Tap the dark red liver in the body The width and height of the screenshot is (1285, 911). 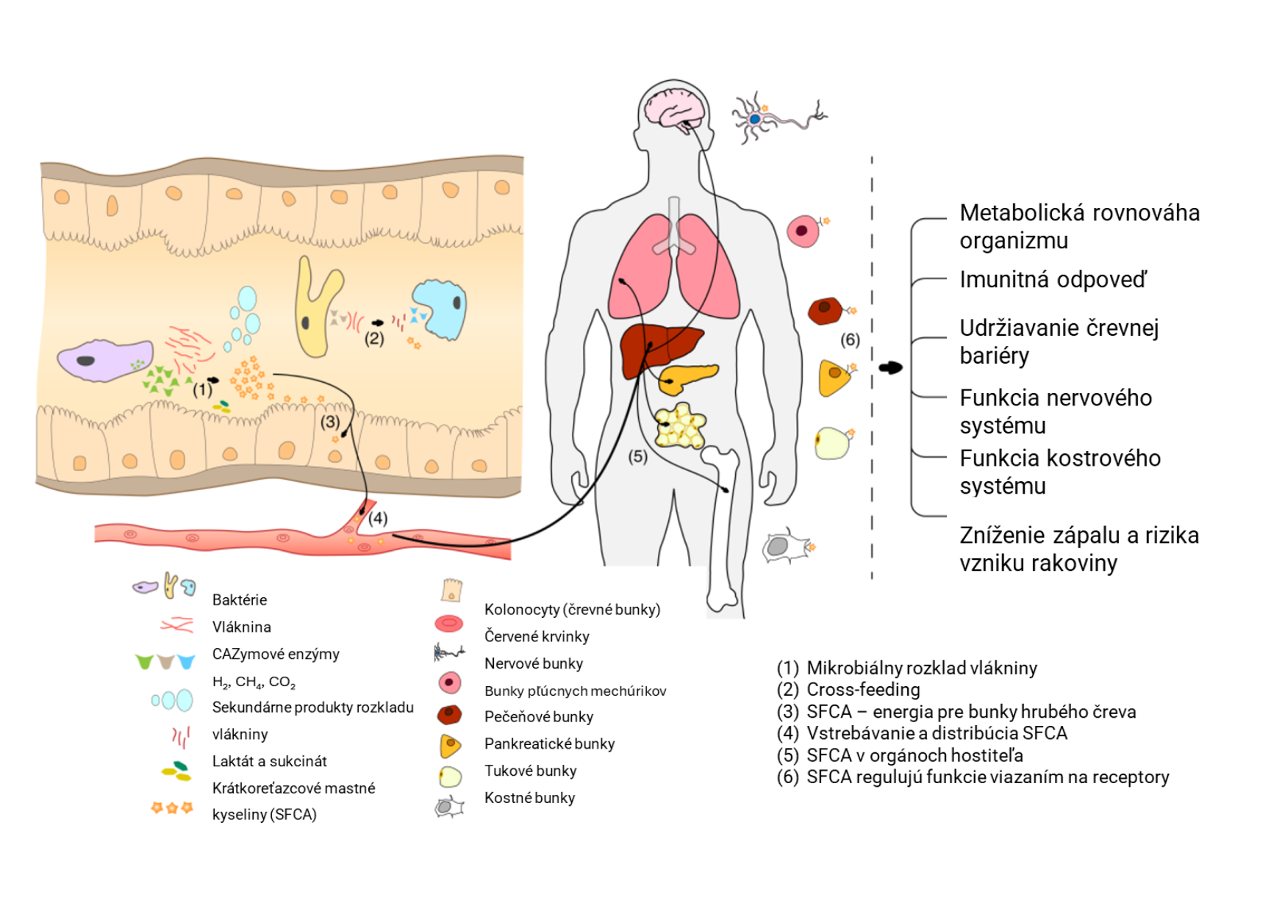point(658,349)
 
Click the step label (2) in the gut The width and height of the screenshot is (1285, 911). point(374,339)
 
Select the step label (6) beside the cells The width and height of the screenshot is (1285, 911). point(850,339)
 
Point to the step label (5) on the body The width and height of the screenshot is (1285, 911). point(637,456)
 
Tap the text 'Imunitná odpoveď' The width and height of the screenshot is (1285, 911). point(1052,280)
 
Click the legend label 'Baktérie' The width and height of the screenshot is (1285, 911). point(239,599)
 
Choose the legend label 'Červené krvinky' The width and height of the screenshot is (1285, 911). point(537,636)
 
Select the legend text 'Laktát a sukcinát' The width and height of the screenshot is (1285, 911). point(269,761)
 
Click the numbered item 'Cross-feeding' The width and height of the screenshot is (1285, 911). point(863,689)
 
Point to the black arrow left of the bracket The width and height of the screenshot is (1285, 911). point(890,367)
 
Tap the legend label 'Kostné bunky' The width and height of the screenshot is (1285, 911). point(529,798)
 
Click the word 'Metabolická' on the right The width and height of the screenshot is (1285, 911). point(1023,213)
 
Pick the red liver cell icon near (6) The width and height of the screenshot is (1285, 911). point(826,311)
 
